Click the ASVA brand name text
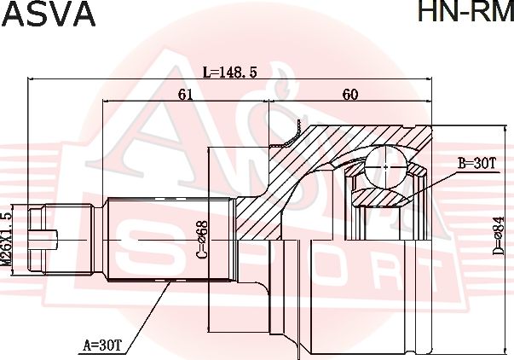click(x=49, y=15)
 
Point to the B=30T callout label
click(x=477, y=162)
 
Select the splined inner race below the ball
click(x=382, y=198)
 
